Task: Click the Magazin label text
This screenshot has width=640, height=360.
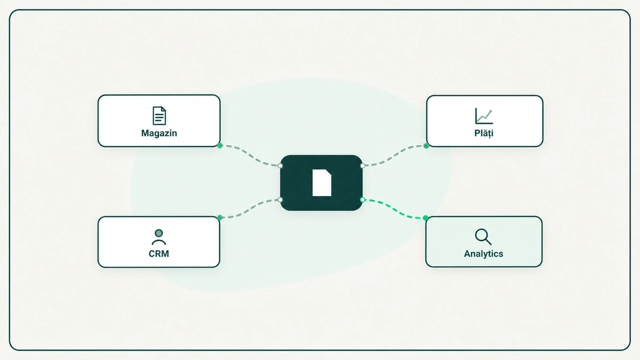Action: [x=159, y=133]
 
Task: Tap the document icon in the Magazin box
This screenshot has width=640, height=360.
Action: [x=159, y=116]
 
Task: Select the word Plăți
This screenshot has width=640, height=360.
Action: [x=484, y=133]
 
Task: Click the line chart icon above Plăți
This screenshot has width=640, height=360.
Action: [x=484, y=116]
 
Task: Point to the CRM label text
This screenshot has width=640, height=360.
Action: [x=159, y=254]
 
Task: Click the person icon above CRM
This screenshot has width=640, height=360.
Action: [x=159, y=237]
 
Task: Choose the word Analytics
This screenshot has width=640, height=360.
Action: [x=483, y=254]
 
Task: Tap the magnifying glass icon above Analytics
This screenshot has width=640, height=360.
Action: [x=483, y=237]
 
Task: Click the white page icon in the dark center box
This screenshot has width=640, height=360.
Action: [x=322, y=183]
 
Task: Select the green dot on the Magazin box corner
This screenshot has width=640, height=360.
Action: [x=220, y=146]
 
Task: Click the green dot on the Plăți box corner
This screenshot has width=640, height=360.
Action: [x=426, y=146]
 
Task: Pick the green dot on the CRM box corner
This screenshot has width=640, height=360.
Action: [x=220, y=218]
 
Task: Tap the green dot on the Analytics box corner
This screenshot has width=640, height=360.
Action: [x=426, y=218]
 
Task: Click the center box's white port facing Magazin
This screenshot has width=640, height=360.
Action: [x=281, y=166]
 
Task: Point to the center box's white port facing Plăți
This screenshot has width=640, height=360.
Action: [x=363, y=166]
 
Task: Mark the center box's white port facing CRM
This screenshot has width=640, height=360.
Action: [x=281, y=199]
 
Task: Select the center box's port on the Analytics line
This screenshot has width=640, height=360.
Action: [x=363, y=199]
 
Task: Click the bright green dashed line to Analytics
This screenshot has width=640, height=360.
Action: [x=394, y=209]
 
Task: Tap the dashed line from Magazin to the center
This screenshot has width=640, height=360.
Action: [x=250, y=155]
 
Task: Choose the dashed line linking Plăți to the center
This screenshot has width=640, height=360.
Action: [x=394, y=156]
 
